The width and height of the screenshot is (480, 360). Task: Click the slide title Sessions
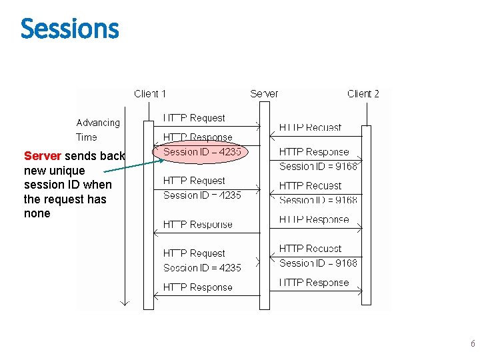(69, 29)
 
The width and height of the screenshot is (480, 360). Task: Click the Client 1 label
(150, 94)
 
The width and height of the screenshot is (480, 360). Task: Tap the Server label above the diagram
(264, 94)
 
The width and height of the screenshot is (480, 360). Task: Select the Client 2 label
(363, 94)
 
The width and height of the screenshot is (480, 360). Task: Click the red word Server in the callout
(43, 156)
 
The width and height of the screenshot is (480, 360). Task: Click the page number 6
(473, 344)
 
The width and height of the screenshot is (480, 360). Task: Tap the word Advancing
(98, 123)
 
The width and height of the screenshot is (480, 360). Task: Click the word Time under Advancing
(87, 137)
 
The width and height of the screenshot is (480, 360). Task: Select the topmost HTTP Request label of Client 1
(195, 118)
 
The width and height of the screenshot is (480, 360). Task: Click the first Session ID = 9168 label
(319, 166)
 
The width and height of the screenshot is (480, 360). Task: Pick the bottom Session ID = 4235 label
(203, 268)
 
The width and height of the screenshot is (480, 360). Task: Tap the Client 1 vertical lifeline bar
(149, 213)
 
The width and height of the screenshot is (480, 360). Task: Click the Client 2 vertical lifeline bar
(366, 213)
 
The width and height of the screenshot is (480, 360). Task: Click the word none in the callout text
(37, 214)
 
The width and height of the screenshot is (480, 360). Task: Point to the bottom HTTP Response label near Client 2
(314, 283)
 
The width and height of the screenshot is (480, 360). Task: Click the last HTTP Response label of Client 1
(198, 287)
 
